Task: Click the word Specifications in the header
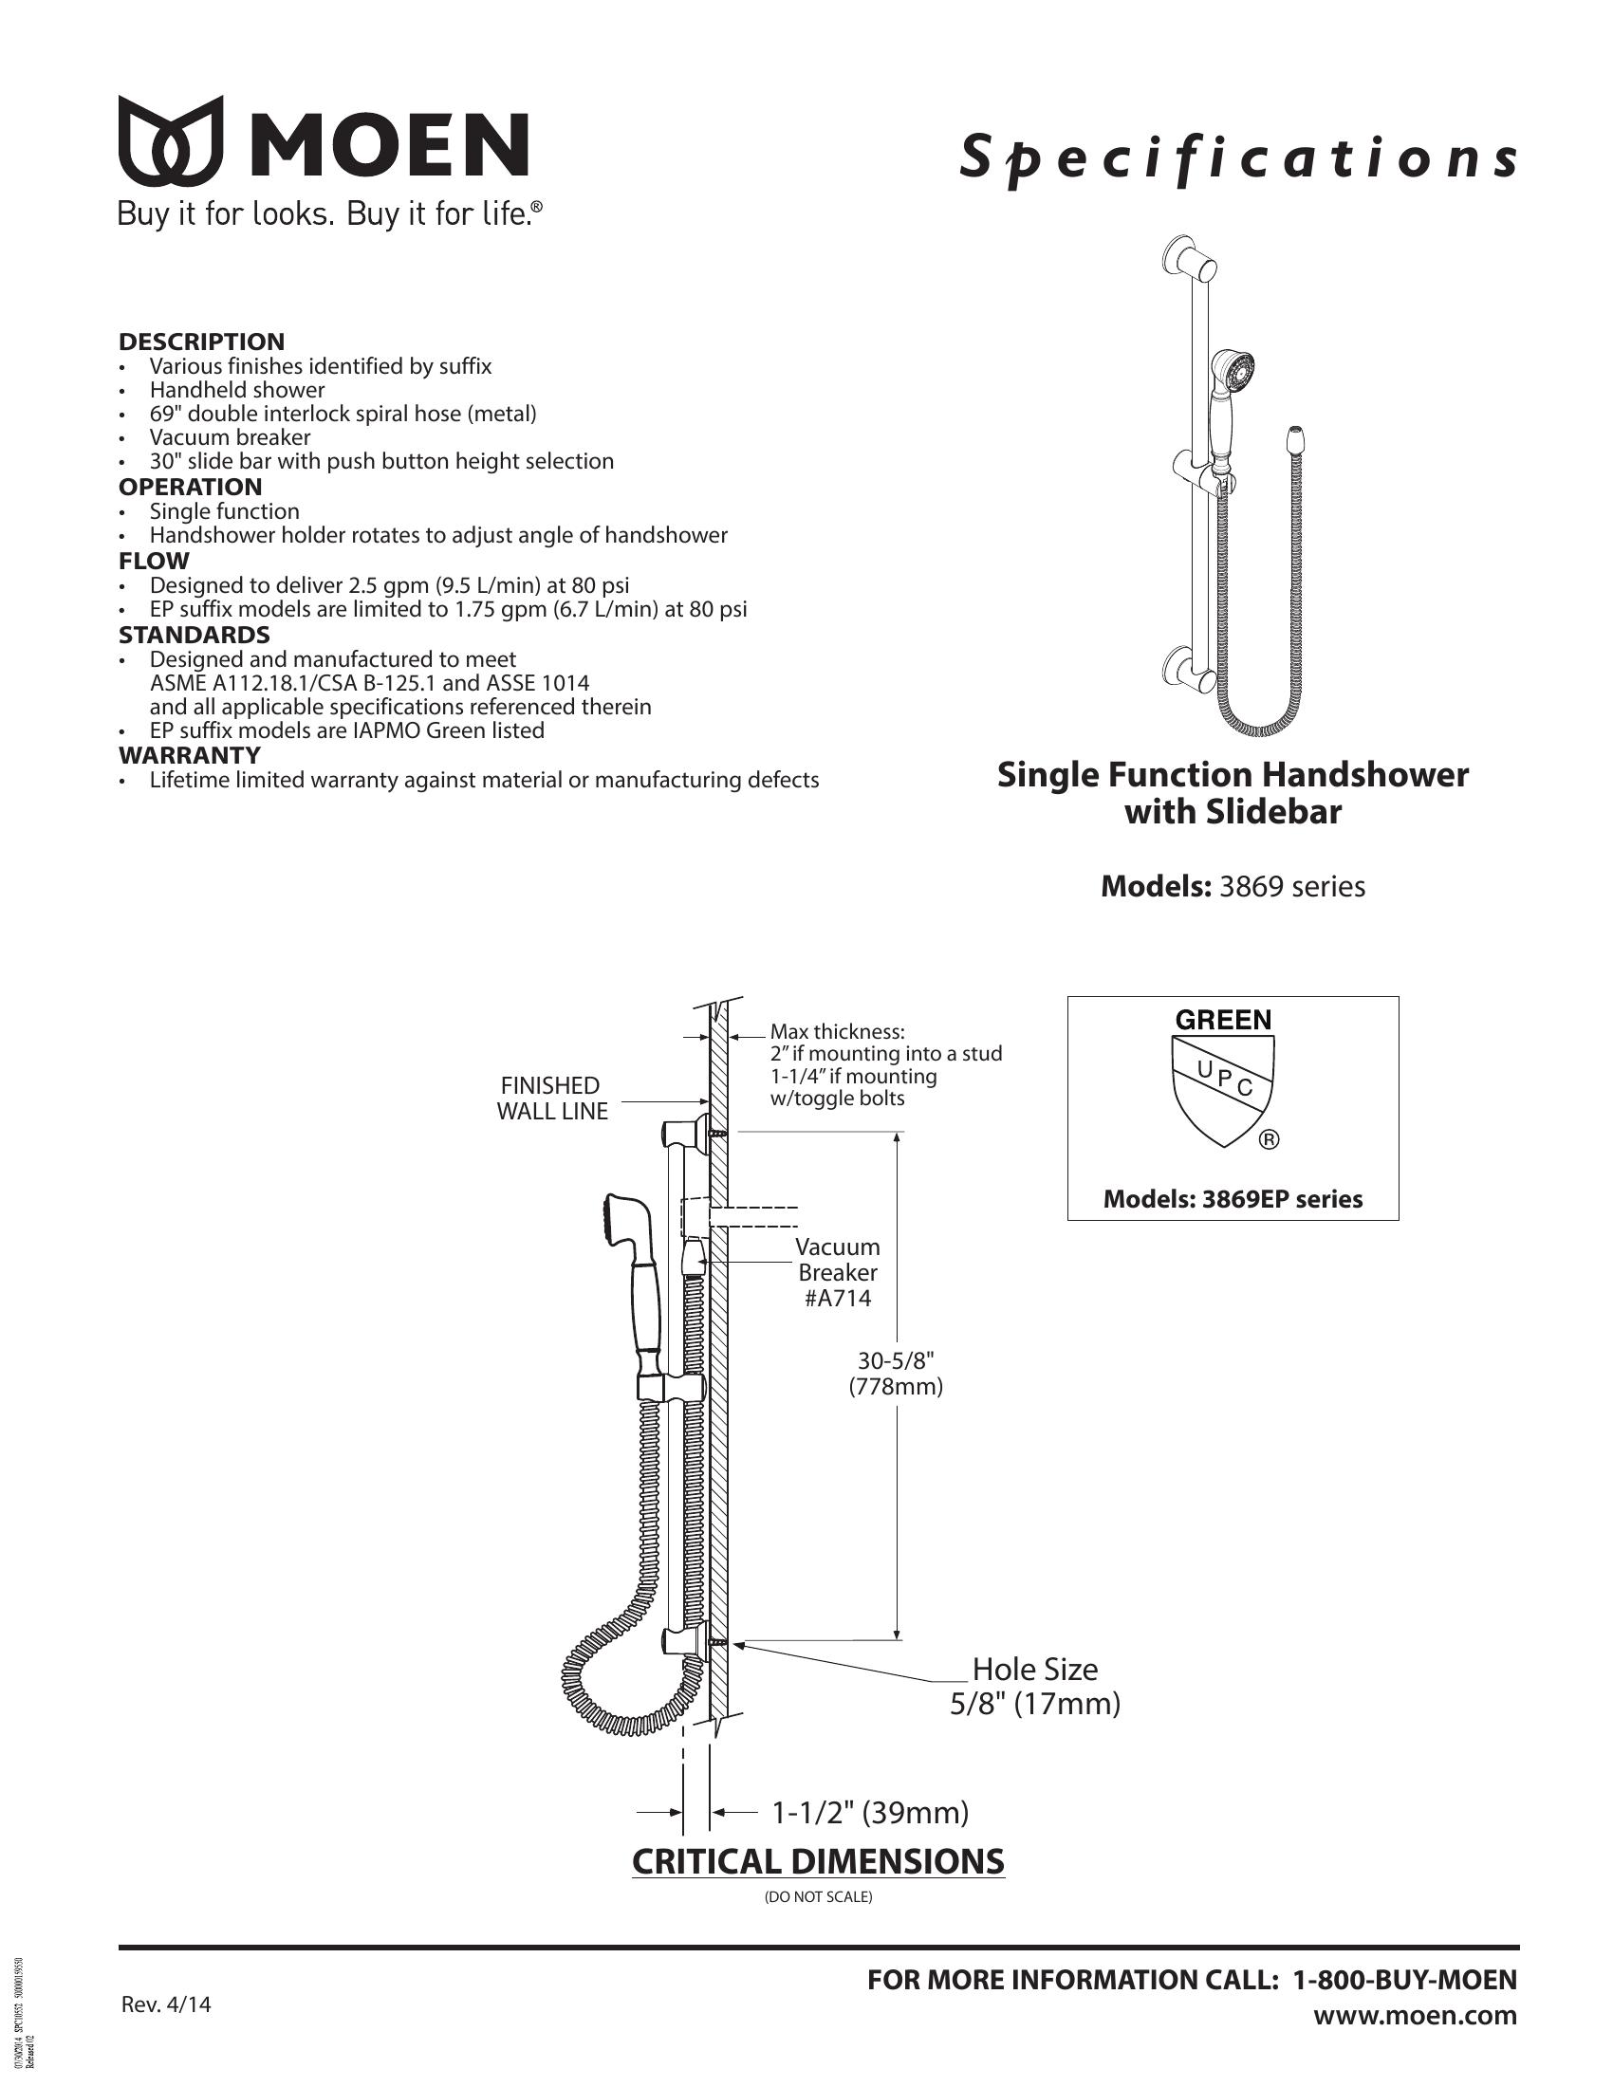[1238, 157]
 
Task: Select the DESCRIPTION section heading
[201, 342]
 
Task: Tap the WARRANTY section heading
[189, 755]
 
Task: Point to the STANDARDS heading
[194, 635]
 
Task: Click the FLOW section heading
[154, 561]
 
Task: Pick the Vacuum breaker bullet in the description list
[230, 437]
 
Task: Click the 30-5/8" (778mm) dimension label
[896, 1374]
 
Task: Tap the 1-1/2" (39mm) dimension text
[869, 1812]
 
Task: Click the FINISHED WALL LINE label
[551, 1098]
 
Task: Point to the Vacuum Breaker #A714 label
[838, 1272]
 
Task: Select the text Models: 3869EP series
[1233, 1199]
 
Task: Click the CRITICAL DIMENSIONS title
[818, 1861]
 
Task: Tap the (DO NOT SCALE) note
[818, 1897]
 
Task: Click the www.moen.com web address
[1415, 2015]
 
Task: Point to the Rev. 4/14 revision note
[166, 2004]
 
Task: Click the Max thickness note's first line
[837, 1032]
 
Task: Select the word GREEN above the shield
[1223, 1020]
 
